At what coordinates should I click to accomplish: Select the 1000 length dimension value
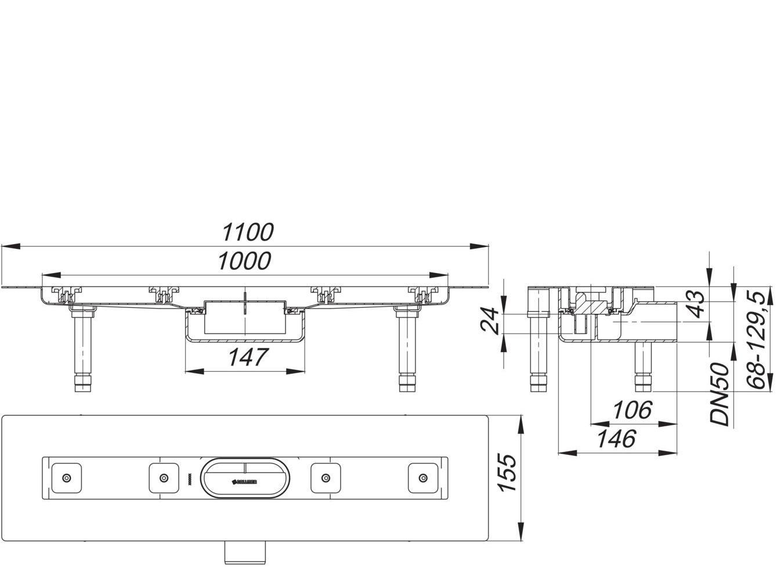pyautogui.click(x=244, y=262)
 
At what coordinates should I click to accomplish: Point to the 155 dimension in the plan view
pyautogui.click(x=507, y=473)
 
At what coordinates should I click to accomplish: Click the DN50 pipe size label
pyautogui.click(x=720, y=394)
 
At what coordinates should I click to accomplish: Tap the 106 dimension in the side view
pyautogui.click(x=633, y=411)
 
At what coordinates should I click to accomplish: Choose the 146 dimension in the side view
pyautogui.click(x=616, y=439)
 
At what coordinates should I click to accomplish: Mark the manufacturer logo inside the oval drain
pyautogui.click(x=246, y=481)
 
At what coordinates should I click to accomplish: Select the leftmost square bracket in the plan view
pyautogui.click(x=67, y=478)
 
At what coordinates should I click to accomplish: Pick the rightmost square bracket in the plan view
pyautogui.click(x=424, y=478)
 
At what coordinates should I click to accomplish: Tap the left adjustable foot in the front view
pyautogui.click(x=81, y=351)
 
